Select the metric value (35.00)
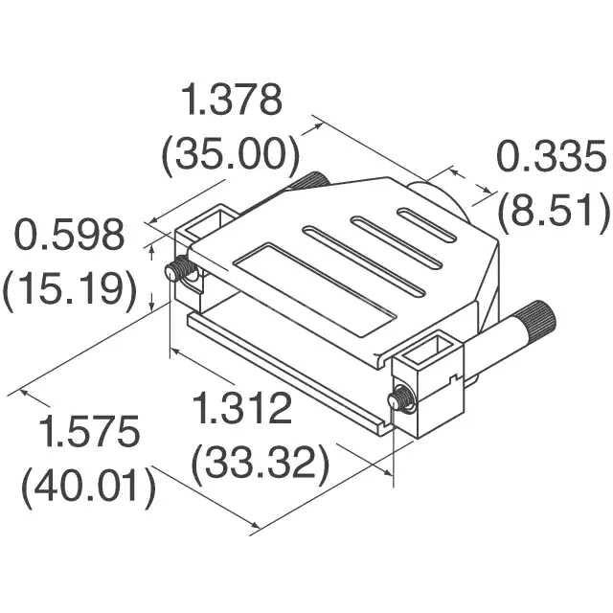click(231, 152)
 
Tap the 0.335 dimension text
click(550, 156)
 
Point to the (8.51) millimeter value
click(553, 211)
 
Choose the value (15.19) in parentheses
click(68, 287)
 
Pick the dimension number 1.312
click(241, 410)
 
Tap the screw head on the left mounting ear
click(175, 271)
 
